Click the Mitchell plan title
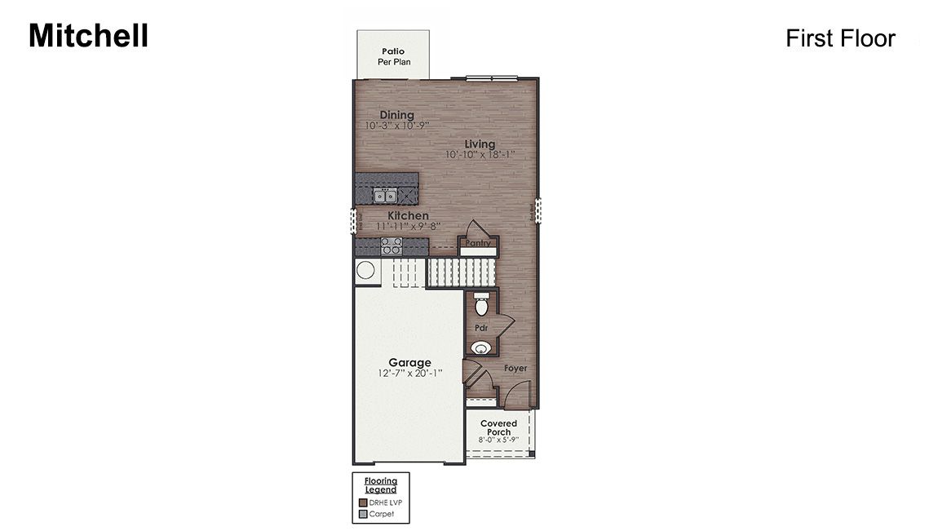(x=88, y=36)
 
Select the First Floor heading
(x=840, y=38)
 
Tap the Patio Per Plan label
(x=393, y=56)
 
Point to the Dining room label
(x=396, y=115)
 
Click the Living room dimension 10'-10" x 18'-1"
(x=480, y=154)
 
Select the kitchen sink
(x=385, y=195)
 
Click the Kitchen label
(x=408, y=215)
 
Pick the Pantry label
(x=477, y=243)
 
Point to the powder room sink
(x=481, y=347)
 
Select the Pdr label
(x=480, y=328)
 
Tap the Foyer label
(x=515, y=369)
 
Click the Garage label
(x=409, y=362)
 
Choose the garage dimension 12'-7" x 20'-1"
(x=409, y=373)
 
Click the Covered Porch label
(x=498, y=427)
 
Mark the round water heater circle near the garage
(x=365, y=271)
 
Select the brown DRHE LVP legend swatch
(x=363, y=502)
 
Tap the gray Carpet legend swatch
(x=363, y=514)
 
